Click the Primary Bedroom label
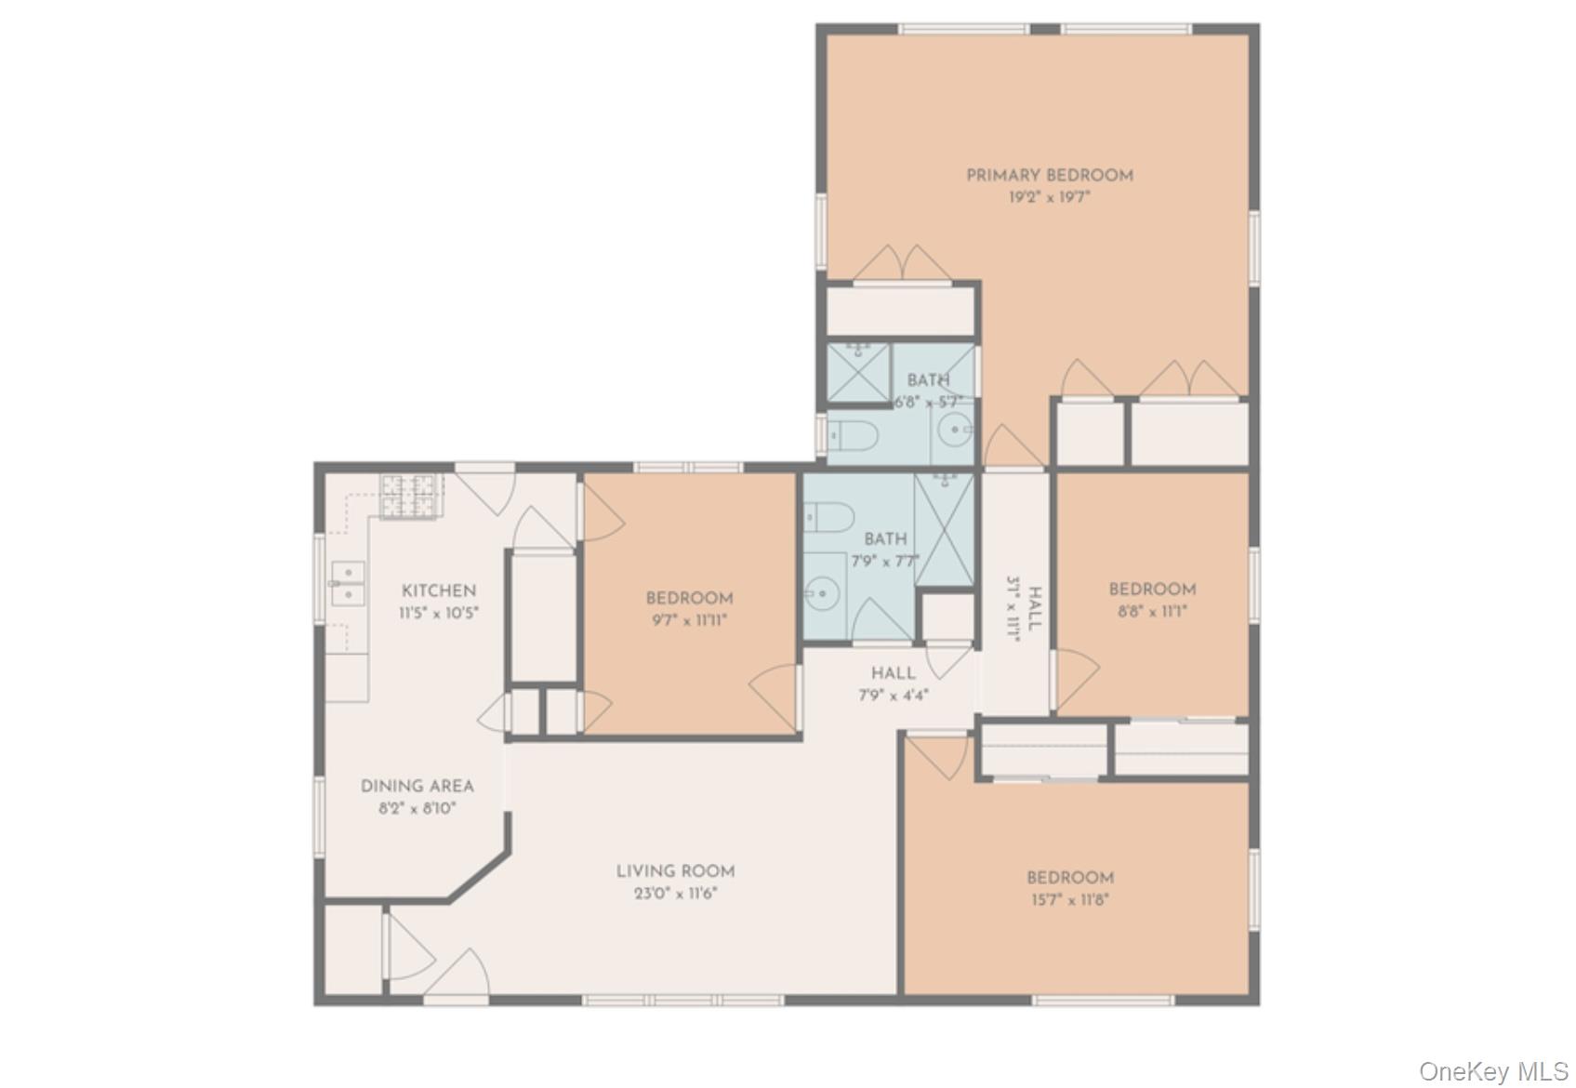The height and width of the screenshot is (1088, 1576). [1049, 176]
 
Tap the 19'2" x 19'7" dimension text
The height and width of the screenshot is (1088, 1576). [1049, 198]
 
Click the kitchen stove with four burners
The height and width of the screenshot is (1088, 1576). [409, 496]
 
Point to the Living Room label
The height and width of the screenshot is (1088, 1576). [675, 871]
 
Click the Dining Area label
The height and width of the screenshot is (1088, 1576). [417, 787]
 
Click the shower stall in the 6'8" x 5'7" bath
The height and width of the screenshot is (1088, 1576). [858, 372]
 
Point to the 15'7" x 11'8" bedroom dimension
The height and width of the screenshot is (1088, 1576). [1069, 900]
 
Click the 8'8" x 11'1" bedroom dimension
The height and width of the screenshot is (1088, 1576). [1152, 612]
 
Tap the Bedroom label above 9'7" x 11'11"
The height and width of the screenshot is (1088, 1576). [689, 599]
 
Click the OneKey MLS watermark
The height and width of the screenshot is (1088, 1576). [1493, 1072]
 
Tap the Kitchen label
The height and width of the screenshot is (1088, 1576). [439, 591]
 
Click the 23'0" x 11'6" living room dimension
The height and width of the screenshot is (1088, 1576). [675, 895]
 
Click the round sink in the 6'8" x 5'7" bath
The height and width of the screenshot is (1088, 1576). [954, 431]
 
